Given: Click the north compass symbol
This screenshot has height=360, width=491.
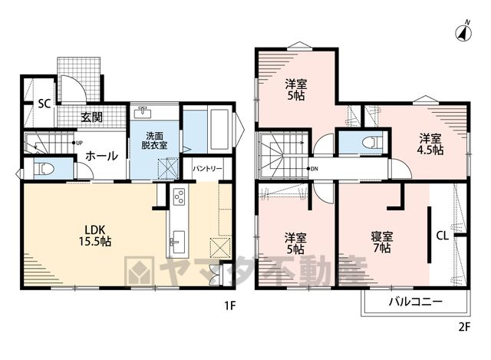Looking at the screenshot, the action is pyautogui.click(x=463, y=31).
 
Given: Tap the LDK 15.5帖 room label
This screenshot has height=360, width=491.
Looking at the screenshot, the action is pyautogui.click(x=95, y=236).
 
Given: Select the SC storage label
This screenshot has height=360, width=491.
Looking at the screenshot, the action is pyautogui.click(x=44, y=104).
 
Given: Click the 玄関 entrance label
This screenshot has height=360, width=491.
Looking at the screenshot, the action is pyautogui.click(x=91, y=117).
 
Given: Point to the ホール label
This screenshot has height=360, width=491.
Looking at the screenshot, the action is pyautogui.click(x=101, y=156).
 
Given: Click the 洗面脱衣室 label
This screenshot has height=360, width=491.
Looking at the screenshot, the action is pyautogui.click(x=154, y=140).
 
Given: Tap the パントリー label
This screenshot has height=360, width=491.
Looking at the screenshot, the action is pyautogui.click(x=207, y=169).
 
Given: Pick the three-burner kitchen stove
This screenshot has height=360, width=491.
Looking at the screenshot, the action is pyautogui.click(x=179, y=197).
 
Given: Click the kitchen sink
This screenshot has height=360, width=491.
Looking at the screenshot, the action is pyautogui.click(x=177, y=243).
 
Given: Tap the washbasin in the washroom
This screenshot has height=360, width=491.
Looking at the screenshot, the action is pyautogui.click(x=143, y=112).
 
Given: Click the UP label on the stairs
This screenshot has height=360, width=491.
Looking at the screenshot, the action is pyautogui.click(x=77, y=143).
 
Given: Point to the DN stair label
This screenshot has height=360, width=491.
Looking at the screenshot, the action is pyautogui.click(x=312, y=169).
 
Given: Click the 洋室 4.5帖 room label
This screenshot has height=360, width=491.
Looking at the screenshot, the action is pyautogui.click(x=430, y=144).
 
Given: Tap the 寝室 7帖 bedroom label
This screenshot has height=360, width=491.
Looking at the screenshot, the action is pyautogui.click(x=382, y=243).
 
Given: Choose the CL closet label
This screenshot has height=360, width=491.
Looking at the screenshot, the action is pyautogui.click(x=442, y=236).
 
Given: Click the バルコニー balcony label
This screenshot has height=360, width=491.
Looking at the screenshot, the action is pyautogui.click(x=416, y=302).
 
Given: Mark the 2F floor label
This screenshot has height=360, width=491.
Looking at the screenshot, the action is pyautogui.click(x=465, y=327).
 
